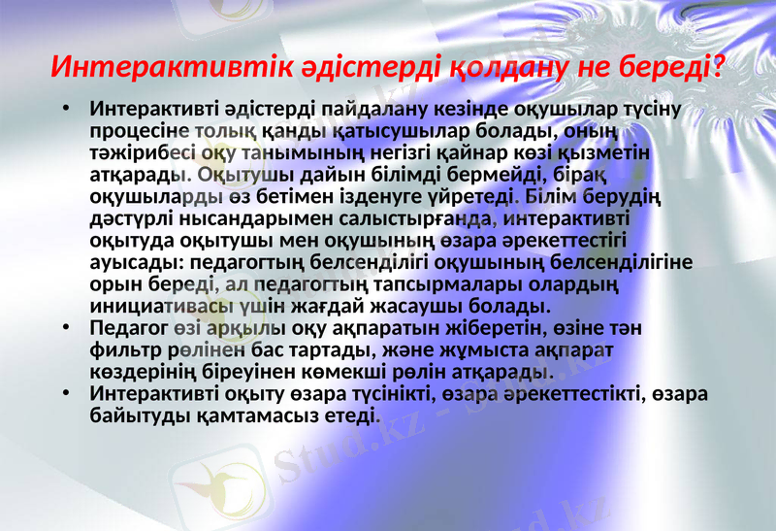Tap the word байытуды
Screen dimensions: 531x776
136,416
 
